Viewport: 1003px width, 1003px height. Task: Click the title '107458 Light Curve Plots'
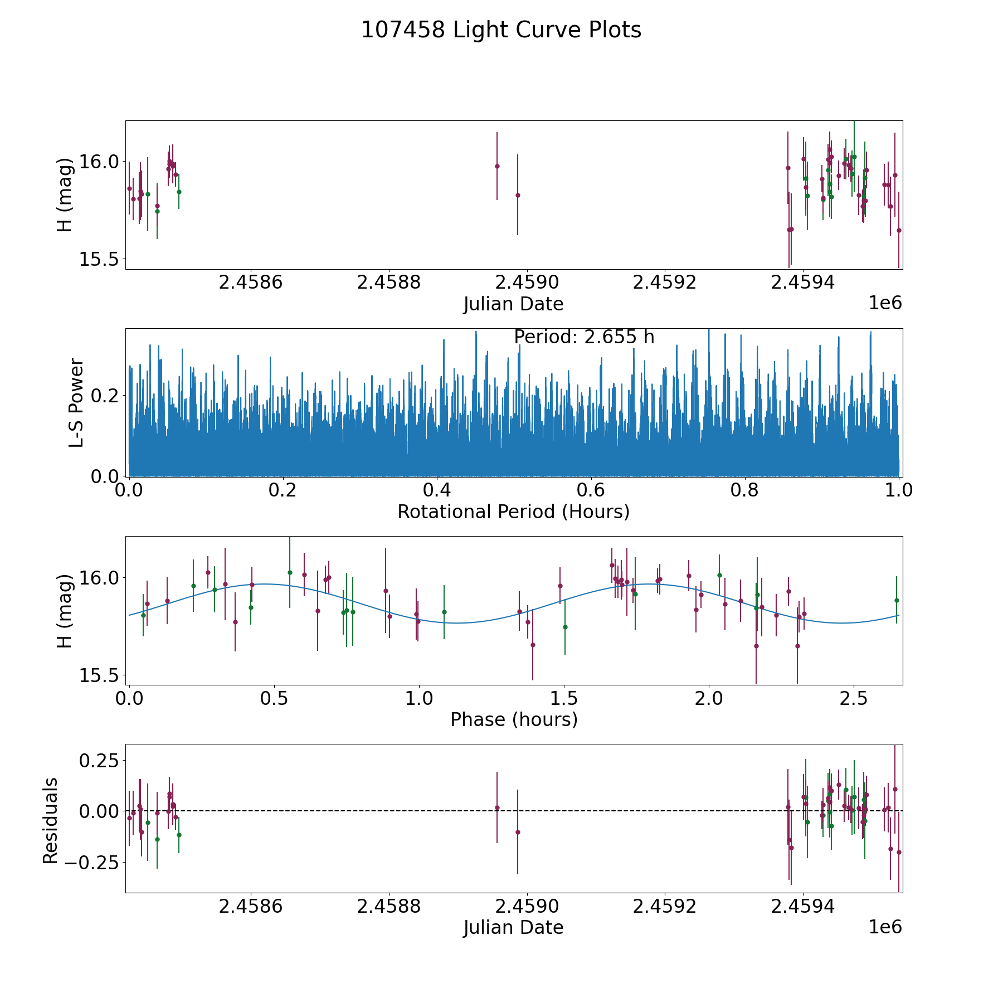(501, 30)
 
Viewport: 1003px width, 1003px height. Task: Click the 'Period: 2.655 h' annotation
(584, 337)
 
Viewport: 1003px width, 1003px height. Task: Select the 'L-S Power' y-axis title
(76, 402)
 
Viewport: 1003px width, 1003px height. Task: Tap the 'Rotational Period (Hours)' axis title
(513, 512)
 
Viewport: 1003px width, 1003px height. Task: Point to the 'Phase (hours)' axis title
(514, 719)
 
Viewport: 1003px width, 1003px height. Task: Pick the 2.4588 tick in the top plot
(388, 283)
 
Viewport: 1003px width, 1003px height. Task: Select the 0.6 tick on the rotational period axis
(591, 490)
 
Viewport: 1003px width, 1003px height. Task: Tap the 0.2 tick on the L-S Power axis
(106, 396)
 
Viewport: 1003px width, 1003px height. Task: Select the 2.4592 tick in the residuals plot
(665, 907)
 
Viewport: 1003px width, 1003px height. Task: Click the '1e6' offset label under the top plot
(885, 303)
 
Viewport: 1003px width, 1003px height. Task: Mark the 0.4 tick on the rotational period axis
(437, 490)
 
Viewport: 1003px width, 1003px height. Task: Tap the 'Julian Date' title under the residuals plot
(513, 928)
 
